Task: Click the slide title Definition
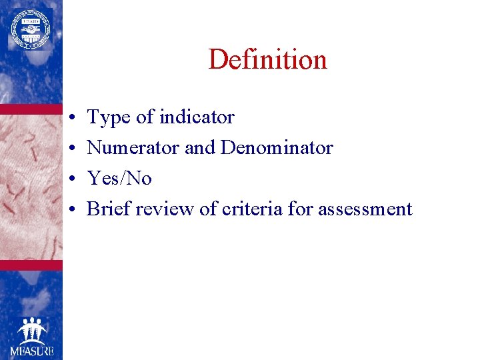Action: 267,59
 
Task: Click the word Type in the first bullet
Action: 109,118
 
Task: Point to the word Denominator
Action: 277,147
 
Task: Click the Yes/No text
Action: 119,178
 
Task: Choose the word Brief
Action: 109,209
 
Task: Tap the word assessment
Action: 365,209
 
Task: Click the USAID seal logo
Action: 30,29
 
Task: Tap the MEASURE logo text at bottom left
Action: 31,351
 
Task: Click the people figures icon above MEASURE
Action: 31,331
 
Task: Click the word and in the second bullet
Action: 199,147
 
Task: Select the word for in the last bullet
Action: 300,209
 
